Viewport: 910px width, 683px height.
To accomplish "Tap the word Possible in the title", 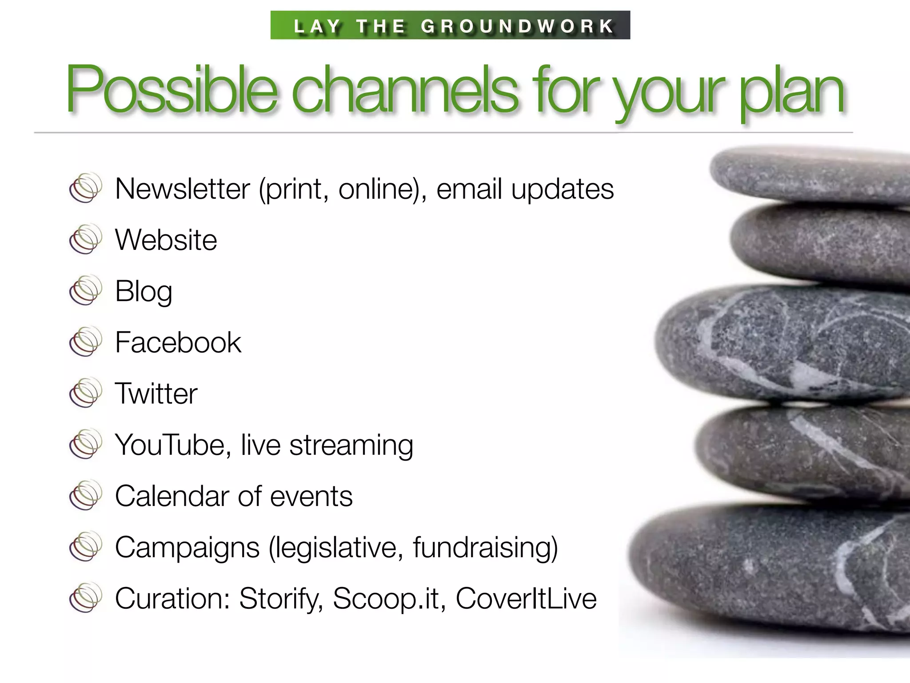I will click(172, 89).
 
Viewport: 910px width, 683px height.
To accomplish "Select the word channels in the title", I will click(404, 89).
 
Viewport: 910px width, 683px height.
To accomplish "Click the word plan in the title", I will click(791, 91).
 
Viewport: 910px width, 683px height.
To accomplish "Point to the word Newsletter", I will click(182, 189).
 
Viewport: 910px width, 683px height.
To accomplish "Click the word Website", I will click(166, 240).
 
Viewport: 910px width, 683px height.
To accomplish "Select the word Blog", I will click(143, 292).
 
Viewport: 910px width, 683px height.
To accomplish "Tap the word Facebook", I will click(178, 342).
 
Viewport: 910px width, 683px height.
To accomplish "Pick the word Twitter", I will click(156, 394).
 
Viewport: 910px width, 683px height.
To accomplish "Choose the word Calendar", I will click(172, 496).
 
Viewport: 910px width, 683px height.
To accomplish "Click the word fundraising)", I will click(485, 547).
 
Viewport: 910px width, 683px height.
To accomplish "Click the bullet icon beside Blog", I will click(85, 290).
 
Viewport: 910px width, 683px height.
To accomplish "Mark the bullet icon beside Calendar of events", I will click(85, 495).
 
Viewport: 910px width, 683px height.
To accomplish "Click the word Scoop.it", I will click(389, 599).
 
